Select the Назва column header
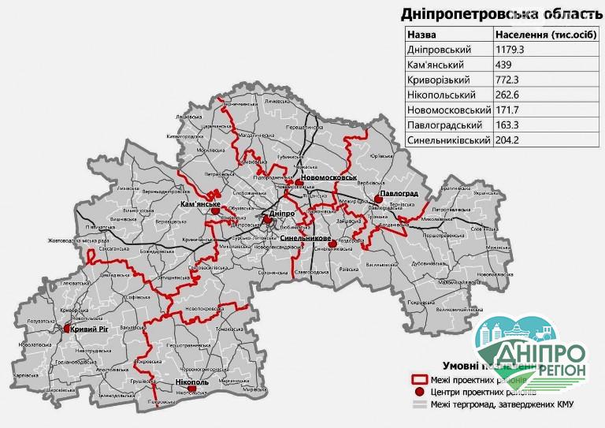[x=423, y=35]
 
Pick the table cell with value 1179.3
[x=510, y=50]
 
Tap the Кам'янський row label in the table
[x=435, y=65]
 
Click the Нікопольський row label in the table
[x=440, y=95]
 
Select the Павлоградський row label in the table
[x=444, y=125]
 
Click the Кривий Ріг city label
[x=89, y=329]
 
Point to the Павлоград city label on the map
[x=398, y=193]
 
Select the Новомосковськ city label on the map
[x=328, y=178]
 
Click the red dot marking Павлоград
[x=380, y=200]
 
